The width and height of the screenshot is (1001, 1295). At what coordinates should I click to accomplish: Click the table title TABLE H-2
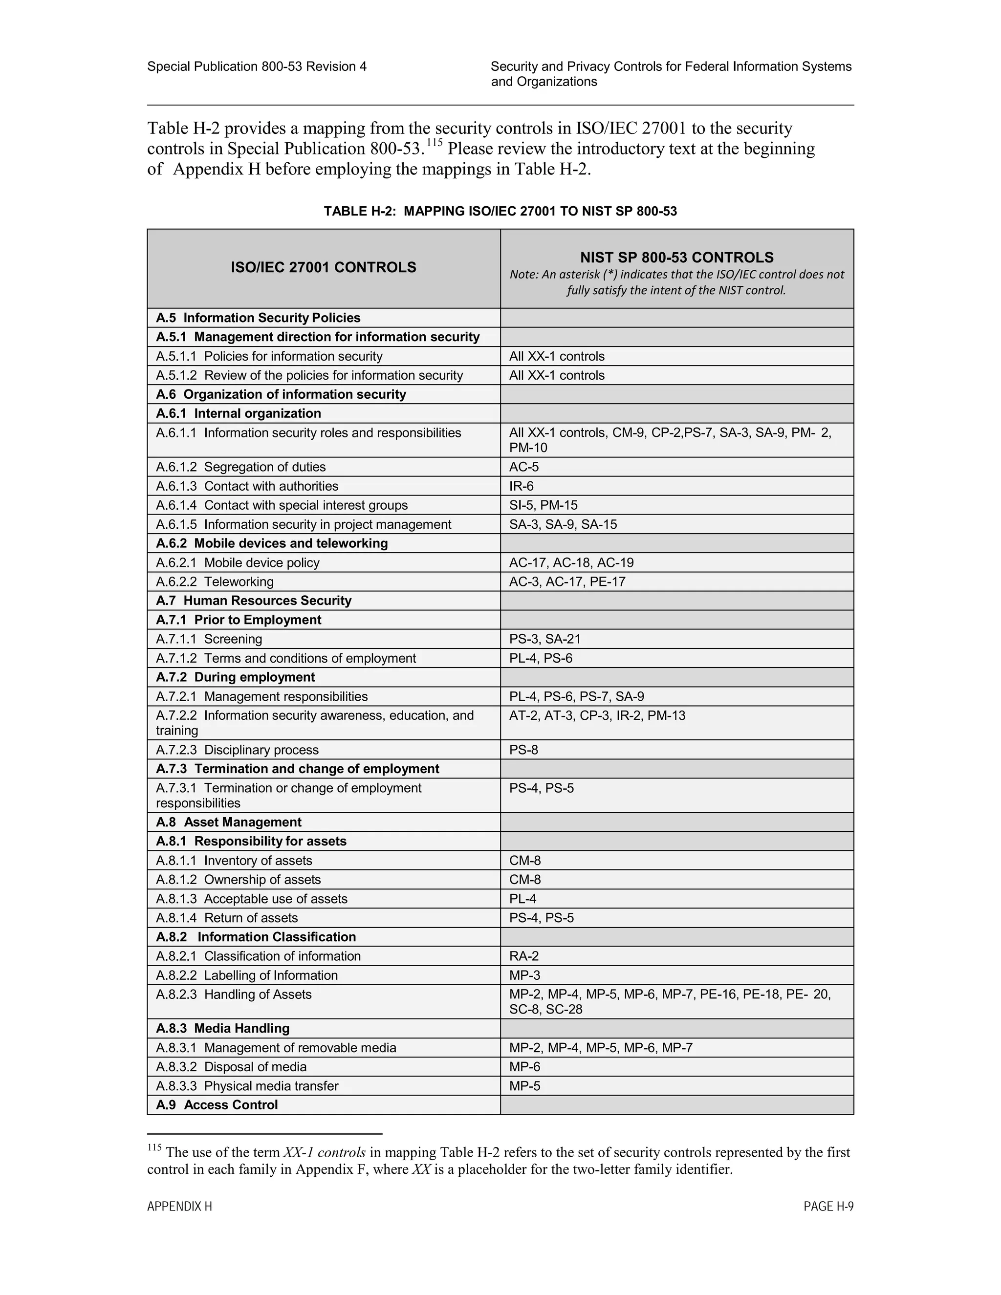coord(500,211)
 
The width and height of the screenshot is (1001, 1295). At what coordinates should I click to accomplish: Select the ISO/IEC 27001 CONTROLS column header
coord(323,267)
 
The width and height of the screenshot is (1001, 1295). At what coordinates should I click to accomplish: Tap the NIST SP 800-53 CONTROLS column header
coord(676,258)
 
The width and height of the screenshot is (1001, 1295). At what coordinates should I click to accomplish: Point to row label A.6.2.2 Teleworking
coord(215,582)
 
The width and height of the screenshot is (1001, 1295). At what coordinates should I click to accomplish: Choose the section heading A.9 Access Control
coord(217,1105)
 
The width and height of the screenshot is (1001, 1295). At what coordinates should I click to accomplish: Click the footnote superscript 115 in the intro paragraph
coord(435,142)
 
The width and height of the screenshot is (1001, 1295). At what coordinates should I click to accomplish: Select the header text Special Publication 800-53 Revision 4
coord(257,66)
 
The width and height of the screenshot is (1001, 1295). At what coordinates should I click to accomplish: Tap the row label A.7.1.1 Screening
coord(209,639)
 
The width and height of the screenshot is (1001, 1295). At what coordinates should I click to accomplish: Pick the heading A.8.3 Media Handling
coord(222,1028)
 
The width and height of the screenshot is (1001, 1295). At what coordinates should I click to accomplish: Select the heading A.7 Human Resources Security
coord(253,601)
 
